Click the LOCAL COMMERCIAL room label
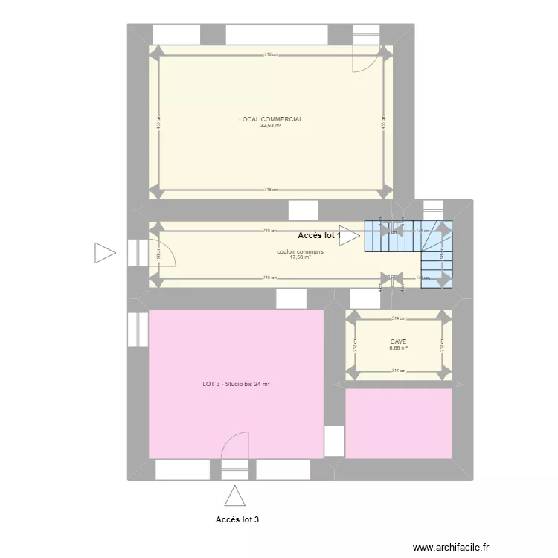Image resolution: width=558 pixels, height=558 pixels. click(x=270, y=119)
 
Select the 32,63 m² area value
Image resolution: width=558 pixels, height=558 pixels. click(x=270, y=126)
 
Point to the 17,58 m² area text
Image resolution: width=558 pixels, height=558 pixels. click(x=300, y=257)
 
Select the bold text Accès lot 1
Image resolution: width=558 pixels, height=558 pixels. click(x=318, y=236)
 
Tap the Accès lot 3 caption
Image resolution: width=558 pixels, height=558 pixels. click(x=237, y=519)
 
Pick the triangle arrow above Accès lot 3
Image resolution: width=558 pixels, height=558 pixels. click(x=235, y=496)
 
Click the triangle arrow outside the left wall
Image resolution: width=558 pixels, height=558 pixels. click(x=105, y=253)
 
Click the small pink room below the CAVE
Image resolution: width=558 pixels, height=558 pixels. click(x=399, y=423)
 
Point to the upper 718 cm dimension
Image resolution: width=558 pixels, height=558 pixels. click(x=270, y=54)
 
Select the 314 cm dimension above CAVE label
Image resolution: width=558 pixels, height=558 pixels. click(x=399, y=318)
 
